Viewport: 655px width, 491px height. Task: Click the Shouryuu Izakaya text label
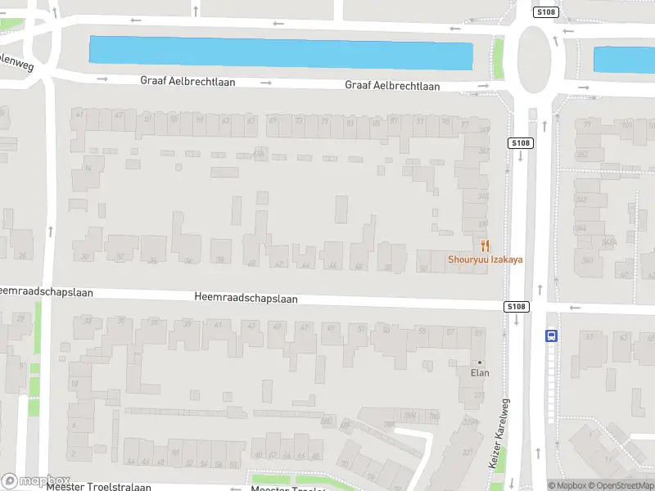[x=485, y=259]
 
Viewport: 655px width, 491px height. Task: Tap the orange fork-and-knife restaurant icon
[x=485, y=245]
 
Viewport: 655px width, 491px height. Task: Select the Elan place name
[x=480, y=373]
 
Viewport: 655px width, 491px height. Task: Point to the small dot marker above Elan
[x=480, y=363]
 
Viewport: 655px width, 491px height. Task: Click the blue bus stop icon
[x=551, y=335]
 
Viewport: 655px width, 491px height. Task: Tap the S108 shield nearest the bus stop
[x=516, y=307]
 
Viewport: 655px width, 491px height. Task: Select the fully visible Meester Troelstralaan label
[x=99, y=487]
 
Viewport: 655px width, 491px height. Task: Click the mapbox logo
[x=36, y=480]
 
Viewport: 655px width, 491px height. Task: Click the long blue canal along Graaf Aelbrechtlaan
[x=281, y=52]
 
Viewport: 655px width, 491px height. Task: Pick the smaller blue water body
[x=624, y=60]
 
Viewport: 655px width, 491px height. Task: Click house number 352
[x=582, y=154]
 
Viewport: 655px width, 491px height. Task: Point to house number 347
[x=484, y=151]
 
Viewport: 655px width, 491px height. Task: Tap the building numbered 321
[x=468, y=452]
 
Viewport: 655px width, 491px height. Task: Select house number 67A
[x=259, y=153]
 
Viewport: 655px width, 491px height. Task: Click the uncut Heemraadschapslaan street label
[x=246, y=299]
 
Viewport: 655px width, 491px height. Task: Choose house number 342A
[x=608, y=242]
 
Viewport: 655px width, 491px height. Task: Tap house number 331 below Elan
[x=480, y=394]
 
